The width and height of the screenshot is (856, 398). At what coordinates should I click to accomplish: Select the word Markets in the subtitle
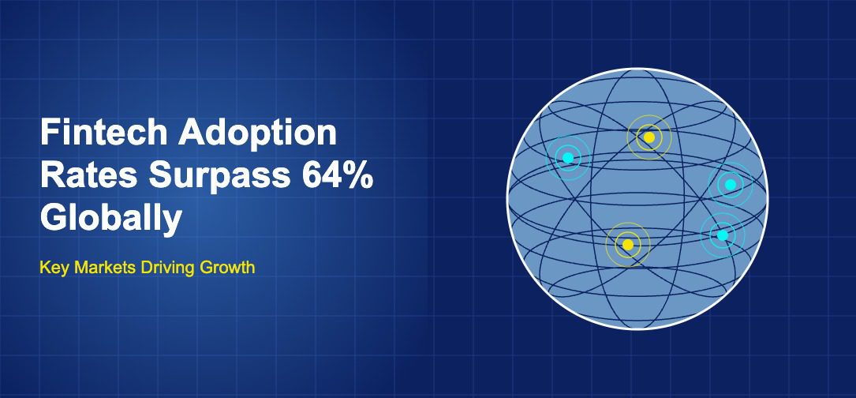pos(106,268)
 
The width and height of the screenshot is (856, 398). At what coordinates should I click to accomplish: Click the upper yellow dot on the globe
pos(649,137)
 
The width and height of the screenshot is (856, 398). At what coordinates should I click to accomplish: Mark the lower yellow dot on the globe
pos(628,244)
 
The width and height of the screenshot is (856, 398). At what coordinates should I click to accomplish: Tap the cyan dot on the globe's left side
pos(568,157)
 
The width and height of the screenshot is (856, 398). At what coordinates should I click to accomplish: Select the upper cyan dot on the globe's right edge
pos(730,185)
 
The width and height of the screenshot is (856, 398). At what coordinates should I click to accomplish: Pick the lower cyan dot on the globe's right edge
pos(722,235)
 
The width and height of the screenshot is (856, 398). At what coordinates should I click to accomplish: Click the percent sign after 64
pos(357,176)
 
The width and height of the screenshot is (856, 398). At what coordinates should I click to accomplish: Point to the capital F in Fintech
pos(49,133)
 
